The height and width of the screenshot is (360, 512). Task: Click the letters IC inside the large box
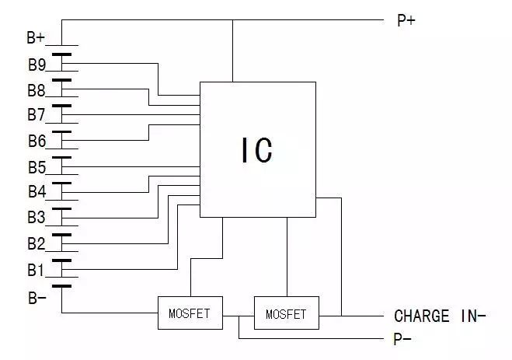257,150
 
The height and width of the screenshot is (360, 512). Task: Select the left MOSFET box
190,314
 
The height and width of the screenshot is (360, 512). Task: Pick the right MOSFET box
286,314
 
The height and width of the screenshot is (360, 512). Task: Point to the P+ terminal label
406,21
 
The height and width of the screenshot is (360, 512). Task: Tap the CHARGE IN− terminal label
440,316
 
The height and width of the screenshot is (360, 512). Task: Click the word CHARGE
422,316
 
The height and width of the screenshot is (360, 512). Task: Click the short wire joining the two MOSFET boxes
238,314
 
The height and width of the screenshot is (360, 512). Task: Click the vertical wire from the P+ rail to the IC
232,51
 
